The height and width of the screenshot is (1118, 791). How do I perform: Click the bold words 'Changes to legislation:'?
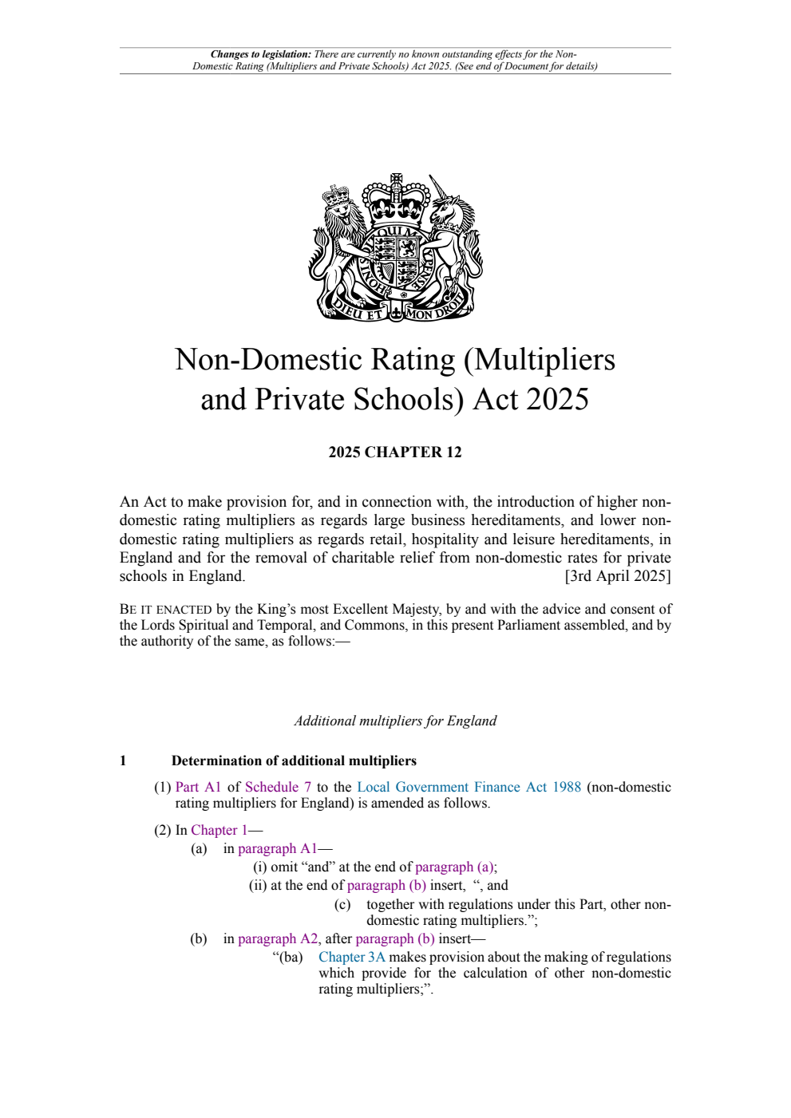coord(261,54)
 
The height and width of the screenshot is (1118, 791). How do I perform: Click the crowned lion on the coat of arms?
coord(339,239)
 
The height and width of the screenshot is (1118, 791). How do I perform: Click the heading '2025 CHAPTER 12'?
coord(395,452)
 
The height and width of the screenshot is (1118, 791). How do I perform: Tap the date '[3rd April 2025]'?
coord(618,576)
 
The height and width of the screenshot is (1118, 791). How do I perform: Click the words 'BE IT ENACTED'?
coord(165,610)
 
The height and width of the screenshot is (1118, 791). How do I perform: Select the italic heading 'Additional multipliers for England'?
coord(395,721)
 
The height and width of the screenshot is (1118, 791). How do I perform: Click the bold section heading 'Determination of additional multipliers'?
coord(294,760)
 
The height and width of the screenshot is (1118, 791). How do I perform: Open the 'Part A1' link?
coord(198,787)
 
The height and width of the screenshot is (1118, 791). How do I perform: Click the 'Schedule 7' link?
coord(278,787)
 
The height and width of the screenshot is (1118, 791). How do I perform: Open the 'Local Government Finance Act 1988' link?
coord(469,787)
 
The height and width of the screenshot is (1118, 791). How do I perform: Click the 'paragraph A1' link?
coord(277,848)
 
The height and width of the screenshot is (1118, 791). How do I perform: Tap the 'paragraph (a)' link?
coord(455,867)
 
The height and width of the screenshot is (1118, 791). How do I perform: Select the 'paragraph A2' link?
coord(278,938)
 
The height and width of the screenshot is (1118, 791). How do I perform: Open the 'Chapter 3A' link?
coord(351,957)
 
